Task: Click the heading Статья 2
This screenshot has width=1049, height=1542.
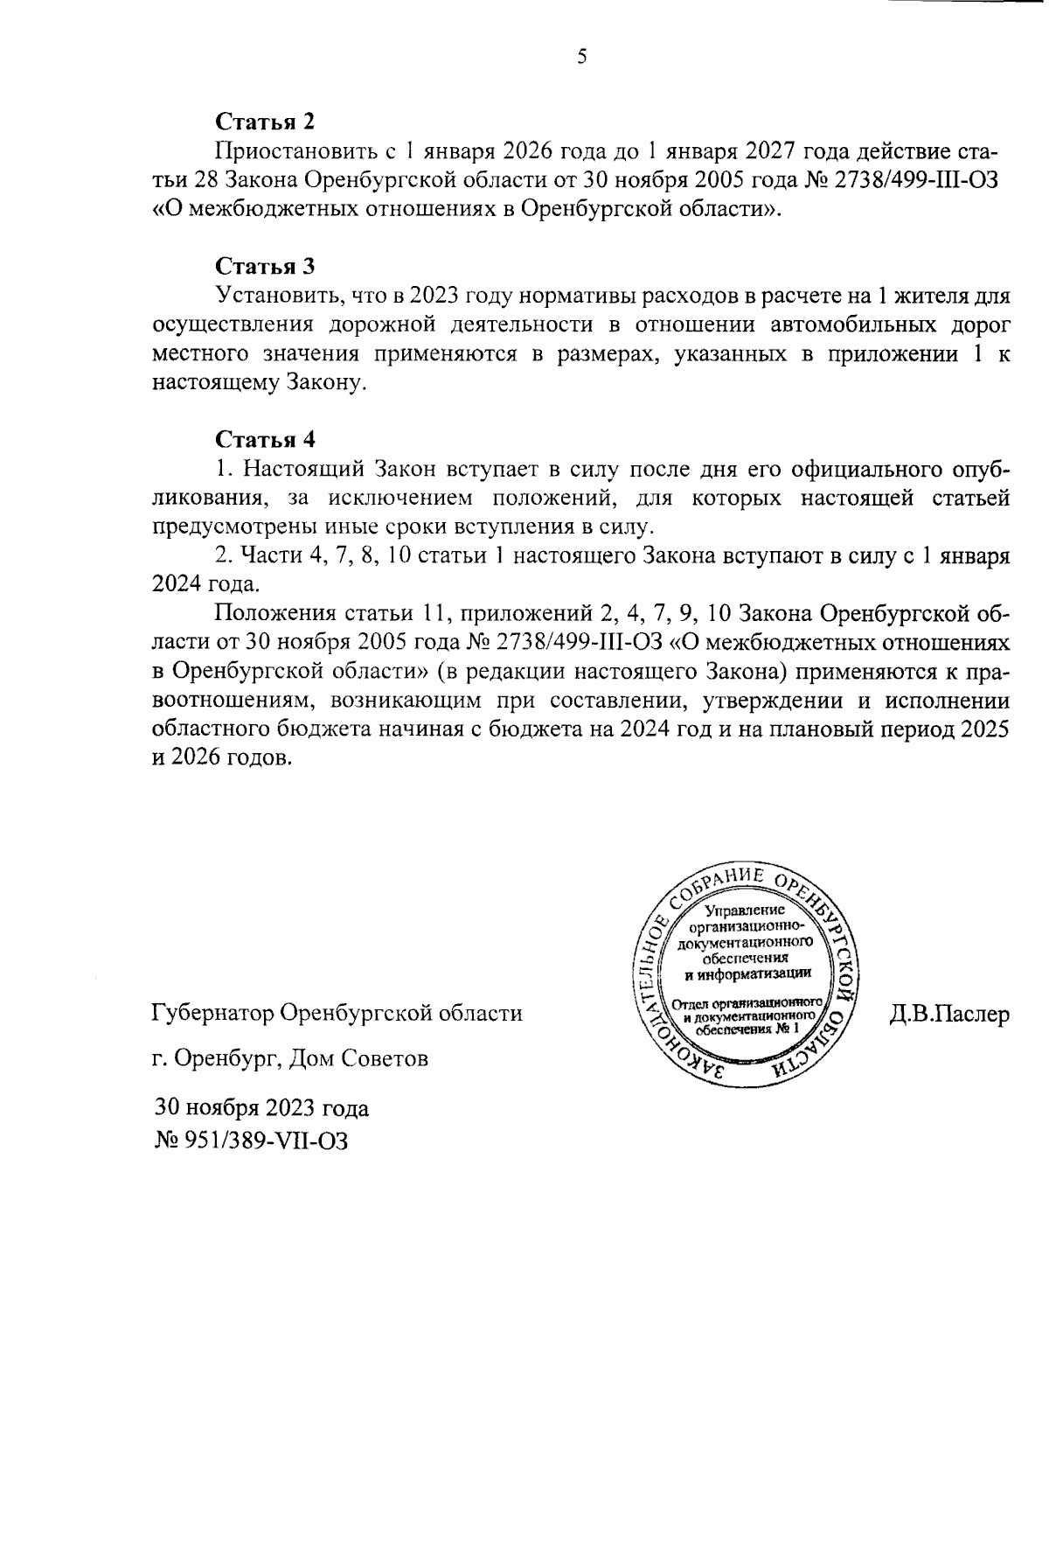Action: pos(265,122)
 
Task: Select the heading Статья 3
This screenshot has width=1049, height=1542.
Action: pos(265,266)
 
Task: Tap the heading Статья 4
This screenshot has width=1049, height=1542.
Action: pos(265,439)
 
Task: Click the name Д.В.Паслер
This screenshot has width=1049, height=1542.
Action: pos(948,1015)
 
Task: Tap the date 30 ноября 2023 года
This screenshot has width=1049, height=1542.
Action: pos(262,1108)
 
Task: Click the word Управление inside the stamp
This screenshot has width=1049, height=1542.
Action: pos(745,911)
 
